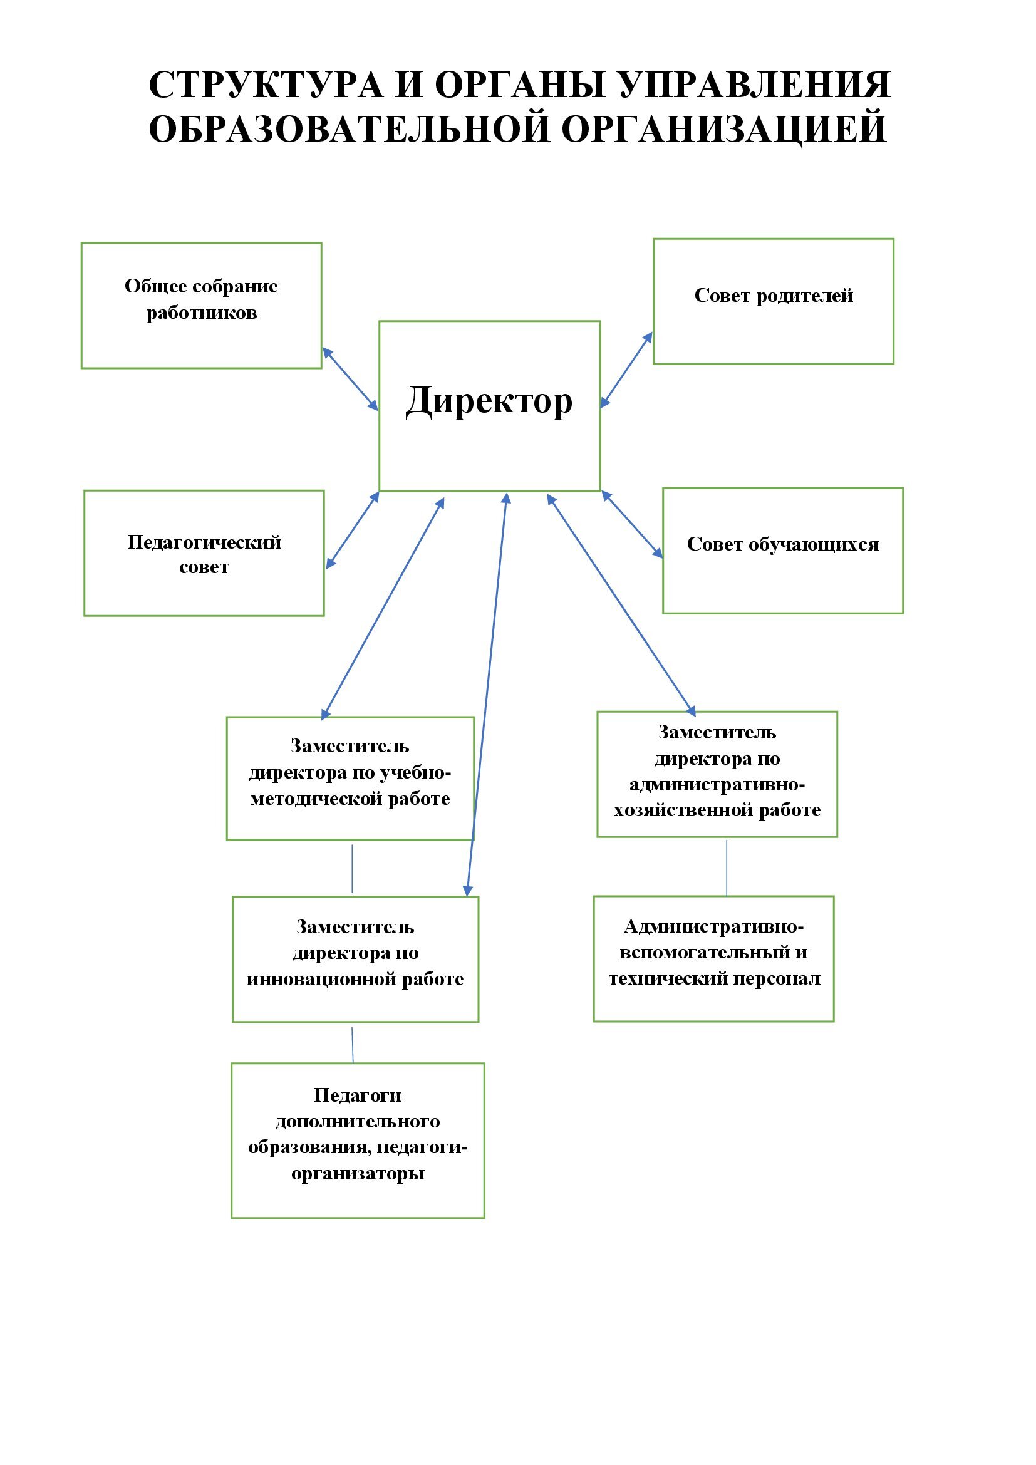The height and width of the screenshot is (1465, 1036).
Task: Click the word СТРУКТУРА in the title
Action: [x=266, y=85]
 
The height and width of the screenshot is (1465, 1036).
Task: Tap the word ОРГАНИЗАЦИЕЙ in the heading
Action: [x=724, y=128]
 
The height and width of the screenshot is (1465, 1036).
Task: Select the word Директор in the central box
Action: [x=489, y=401]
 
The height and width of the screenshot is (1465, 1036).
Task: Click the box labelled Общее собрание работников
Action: [x=201, y=305]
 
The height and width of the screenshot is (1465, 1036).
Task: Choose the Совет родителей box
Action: [x=773, y=301]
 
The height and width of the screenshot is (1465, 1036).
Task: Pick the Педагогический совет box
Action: [x=204, y=553]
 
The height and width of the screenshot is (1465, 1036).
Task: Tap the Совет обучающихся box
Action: [x=783, y=551]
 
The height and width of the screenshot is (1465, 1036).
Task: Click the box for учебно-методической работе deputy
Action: [x=350, y=778]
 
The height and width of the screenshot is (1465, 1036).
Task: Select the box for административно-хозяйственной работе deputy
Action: [x=717, y=774]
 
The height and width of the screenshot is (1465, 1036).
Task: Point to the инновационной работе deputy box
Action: [x=355, y=959]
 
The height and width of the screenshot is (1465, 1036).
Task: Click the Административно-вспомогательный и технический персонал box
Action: [x=713, y=958]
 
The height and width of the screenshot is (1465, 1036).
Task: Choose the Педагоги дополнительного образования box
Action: [x=357, y=1140]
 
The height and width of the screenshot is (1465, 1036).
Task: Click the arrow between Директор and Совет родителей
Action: [x=626, y=370]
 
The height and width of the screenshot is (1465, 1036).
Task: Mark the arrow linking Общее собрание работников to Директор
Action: [x=350, y=379]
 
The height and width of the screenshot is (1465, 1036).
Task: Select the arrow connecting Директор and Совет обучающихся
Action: [x=632, y=524]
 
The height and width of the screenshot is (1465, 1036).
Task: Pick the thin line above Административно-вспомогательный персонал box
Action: [x=727, y=867]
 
